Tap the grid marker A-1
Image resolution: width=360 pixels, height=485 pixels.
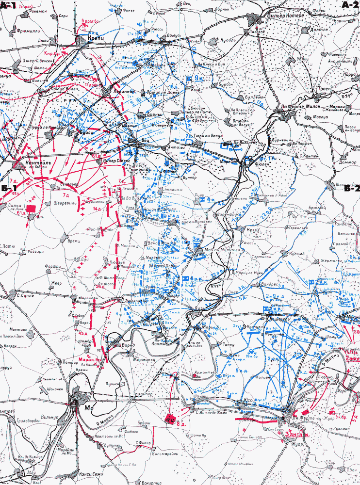click(x=9, y=5)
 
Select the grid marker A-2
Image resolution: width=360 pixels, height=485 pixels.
click(x=350, y=5)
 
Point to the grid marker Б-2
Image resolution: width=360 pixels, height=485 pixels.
click(x=351, y=189)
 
